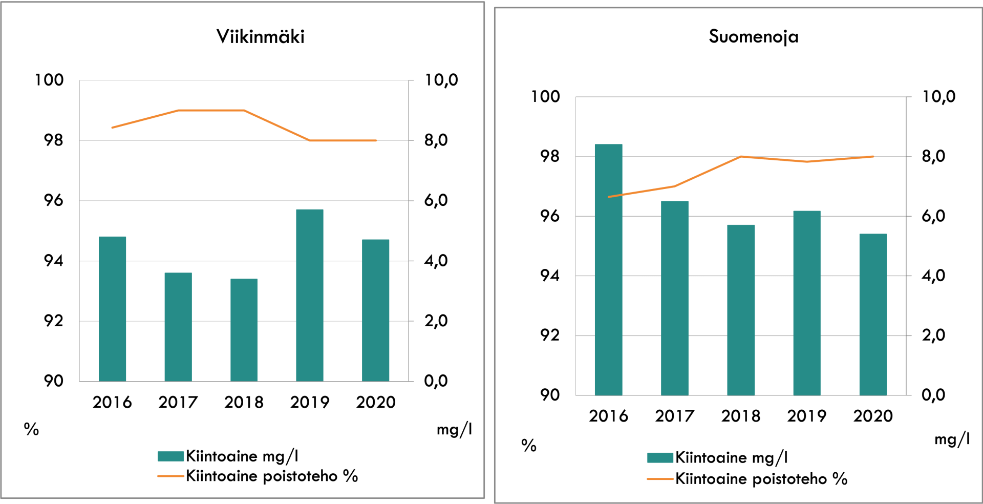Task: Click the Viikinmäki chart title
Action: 260,37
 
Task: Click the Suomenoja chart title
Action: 753,37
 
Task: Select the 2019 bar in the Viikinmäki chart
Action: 310,295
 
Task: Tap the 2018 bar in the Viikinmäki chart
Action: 244,330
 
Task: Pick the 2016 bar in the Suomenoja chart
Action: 608,269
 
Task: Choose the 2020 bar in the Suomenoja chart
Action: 873,314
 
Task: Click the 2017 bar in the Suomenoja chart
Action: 674,298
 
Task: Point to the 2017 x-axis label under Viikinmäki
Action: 178,403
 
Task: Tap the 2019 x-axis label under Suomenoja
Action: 807,416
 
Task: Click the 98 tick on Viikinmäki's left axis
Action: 53,140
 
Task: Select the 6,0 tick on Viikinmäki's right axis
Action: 436,200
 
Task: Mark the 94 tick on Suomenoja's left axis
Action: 550,276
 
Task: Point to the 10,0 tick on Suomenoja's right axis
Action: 938,96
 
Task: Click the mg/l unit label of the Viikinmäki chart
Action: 454,429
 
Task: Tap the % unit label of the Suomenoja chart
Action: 529,445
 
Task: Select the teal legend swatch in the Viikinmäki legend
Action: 170,456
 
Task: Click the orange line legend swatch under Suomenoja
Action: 660,479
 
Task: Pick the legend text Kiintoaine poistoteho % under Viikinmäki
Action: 271,476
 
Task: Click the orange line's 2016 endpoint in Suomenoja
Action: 608,197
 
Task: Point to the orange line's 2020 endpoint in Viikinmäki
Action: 376,140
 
